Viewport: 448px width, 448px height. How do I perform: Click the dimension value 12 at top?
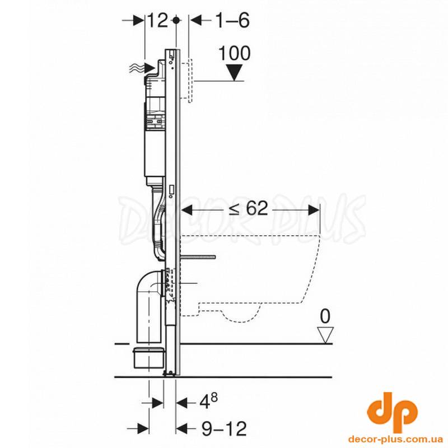(157, 21)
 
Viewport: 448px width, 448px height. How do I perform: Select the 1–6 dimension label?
(232, 21)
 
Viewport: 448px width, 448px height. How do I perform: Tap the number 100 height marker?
(234, 53)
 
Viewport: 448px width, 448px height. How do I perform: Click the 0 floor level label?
(325, 316)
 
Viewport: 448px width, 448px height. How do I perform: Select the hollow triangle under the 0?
(325, 335)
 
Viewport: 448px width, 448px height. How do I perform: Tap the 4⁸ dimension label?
(208, 402)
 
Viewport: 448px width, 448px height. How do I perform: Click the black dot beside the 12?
(176, 20)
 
